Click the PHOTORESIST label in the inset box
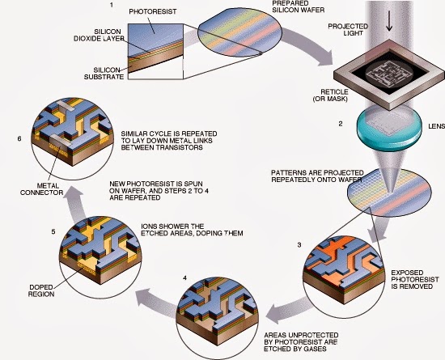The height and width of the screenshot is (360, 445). click(153, 11)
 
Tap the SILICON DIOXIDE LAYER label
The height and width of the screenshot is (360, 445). click(99, 35)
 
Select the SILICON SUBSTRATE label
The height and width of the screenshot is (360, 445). click(104, 73)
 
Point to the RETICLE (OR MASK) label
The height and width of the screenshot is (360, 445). click(330, 95)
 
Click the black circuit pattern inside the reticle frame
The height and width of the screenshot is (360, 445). click(389, 72)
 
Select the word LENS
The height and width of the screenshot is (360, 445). click(436, 126)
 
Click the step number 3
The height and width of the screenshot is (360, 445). click(299, 245)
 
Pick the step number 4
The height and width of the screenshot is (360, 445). click(185, 278)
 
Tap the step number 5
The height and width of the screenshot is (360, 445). click(53, 231)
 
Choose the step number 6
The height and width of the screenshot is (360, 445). click(19, 138)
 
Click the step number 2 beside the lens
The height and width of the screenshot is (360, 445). click(341, 124)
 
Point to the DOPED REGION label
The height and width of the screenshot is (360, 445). click(41, 290)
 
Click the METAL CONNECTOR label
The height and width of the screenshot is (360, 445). click(41, 189)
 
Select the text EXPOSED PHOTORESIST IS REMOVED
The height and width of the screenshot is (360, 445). click(415, 279)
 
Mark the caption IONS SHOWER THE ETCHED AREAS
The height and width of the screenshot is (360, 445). click(192, 230)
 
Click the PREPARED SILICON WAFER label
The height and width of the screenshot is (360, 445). click(298, 6)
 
